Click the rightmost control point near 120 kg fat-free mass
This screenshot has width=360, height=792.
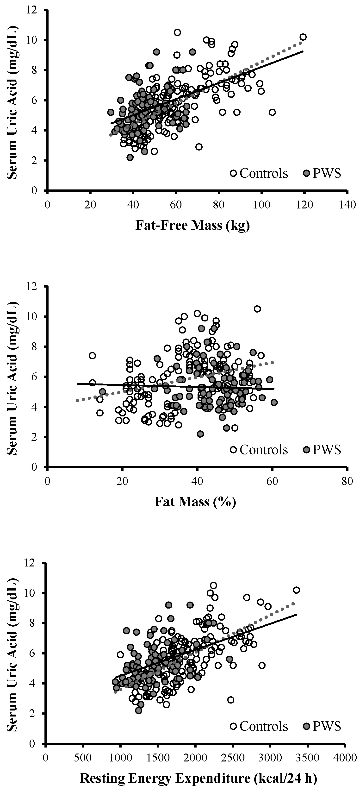click(x=303, y=37)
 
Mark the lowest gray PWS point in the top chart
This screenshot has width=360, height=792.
click(x=130, y=157)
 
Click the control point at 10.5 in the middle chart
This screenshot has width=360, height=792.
click(x=257, y=309)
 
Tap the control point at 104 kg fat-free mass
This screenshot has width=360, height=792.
click(x=272, y=112)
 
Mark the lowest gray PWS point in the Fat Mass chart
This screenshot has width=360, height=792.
click(x=200, y=434)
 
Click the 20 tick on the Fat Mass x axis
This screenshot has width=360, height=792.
click(x=122, y=481)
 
